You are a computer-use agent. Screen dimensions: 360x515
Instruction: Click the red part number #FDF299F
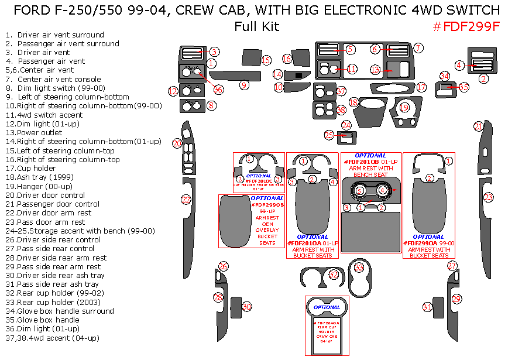point(466,26)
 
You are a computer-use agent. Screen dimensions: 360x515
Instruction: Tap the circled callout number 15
point(266,60)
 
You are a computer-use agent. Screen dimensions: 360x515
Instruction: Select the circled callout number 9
point(245,85)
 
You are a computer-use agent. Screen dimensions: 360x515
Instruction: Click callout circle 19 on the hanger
point(404,107)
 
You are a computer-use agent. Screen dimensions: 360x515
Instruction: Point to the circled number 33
point(359,268)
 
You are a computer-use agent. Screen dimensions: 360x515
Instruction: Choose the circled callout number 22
point(186,200)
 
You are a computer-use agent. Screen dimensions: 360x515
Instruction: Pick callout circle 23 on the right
point(488,198)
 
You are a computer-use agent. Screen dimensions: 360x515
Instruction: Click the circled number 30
point(247,307)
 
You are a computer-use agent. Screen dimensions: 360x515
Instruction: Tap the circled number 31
point(428,307)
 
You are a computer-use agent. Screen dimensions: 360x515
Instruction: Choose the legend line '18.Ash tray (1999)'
point(40,177)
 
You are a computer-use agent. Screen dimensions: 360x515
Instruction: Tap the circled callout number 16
point(287,59)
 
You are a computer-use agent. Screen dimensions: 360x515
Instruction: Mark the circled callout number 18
point(353,102)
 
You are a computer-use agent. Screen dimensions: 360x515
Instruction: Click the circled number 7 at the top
point(418,47)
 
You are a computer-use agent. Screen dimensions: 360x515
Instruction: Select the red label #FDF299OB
point(267,205)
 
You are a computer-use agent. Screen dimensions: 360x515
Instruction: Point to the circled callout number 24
point(346,125)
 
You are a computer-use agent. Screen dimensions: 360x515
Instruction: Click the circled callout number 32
point(334,274)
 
